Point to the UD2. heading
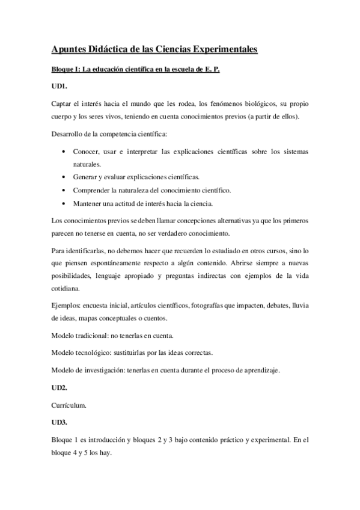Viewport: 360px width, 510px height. tap(59, 389)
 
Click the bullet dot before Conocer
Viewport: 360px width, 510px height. tap(64, 152)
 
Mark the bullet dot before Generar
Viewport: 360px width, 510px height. tap(64, 177)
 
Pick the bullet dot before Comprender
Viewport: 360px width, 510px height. tap(64, 190)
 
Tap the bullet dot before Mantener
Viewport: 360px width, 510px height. tap(64, 203)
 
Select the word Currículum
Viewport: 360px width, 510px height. tap(69, 405)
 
